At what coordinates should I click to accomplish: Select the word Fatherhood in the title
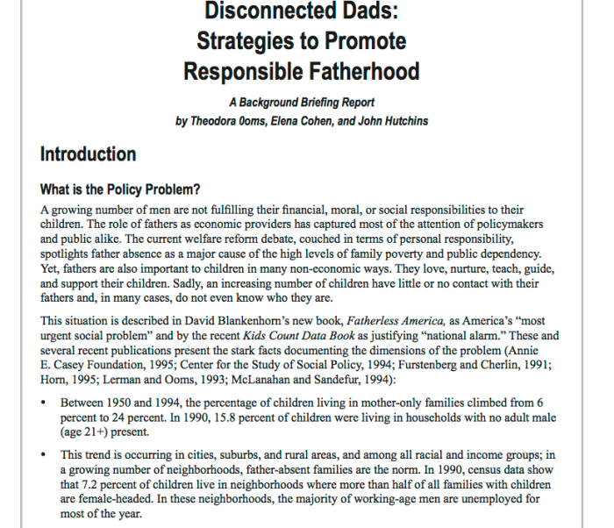359,71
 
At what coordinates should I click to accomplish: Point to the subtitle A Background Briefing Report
302,103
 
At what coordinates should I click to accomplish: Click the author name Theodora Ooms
232,120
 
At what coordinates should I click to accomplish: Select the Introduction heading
89,154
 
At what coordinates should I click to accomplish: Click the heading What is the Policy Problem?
121,189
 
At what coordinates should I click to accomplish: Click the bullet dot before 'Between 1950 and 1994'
45,404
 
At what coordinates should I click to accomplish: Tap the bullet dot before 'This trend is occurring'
45,454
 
